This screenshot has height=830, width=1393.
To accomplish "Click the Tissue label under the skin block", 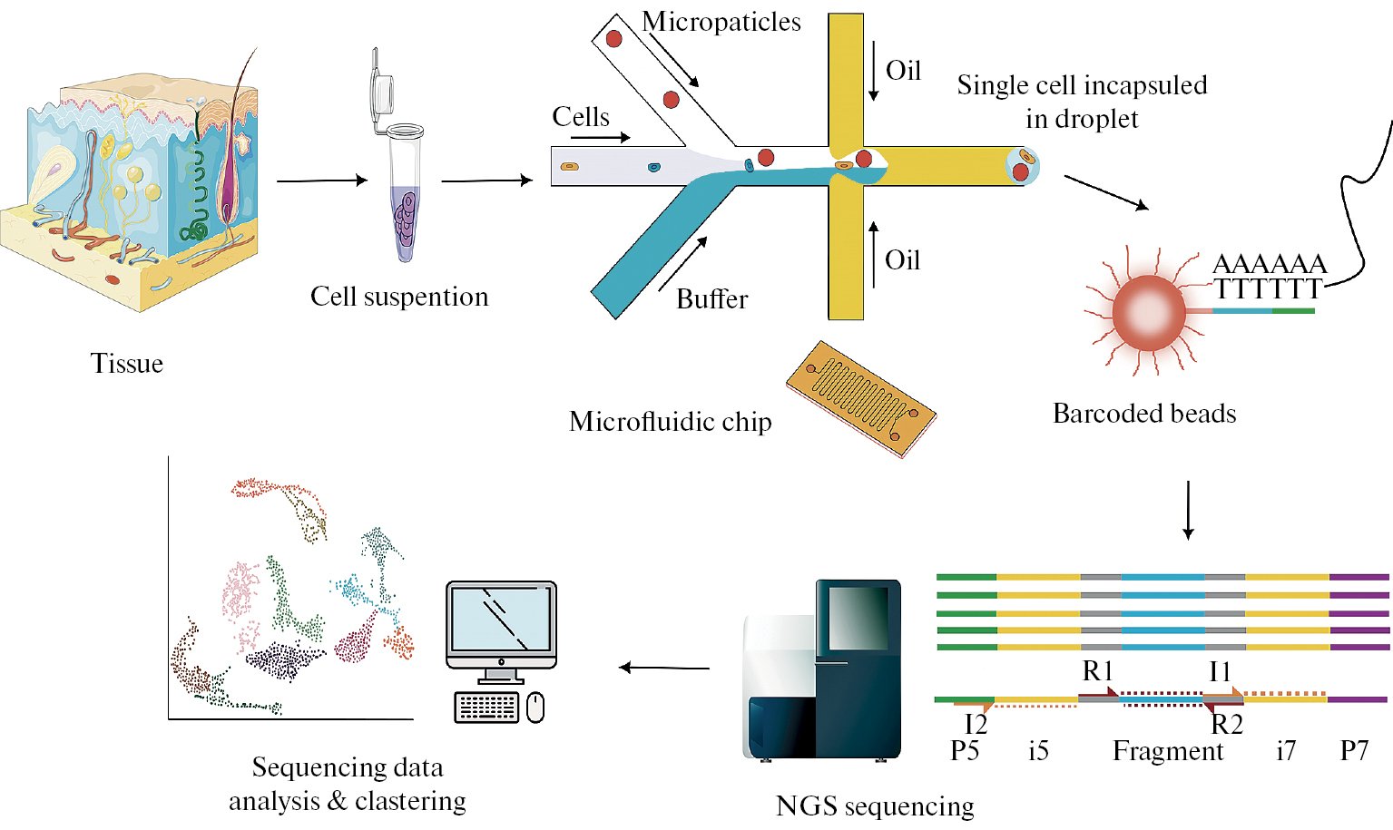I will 127,364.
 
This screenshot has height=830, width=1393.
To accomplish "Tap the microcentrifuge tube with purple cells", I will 405,200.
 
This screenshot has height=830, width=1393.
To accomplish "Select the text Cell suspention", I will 399,297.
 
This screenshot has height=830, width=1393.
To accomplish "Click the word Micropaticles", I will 721,22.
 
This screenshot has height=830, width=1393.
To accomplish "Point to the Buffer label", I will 712,299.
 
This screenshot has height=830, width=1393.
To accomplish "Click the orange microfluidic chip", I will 860,397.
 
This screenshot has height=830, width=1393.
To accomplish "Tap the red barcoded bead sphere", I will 1149,312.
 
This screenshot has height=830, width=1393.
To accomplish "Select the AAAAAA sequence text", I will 1270,264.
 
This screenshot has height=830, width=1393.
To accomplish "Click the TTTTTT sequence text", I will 1268,289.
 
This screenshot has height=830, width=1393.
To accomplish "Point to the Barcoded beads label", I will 1144,414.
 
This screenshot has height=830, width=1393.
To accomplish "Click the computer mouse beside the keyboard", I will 535,707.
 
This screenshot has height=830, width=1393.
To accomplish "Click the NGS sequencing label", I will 875,806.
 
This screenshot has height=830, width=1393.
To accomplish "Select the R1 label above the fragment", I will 1097,671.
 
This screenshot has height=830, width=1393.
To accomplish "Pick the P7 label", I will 1354,751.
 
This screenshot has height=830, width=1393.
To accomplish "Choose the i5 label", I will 1038,751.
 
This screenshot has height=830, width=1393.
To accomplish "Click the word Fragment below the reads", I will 1168,751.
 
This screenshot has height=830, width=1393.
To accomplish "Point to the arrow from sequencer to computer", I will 664,669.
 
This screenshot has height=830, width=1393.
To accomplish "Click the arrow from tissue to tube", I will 322,181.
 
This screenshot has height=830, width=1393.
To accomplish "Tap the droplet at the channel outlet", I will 1022,166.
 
